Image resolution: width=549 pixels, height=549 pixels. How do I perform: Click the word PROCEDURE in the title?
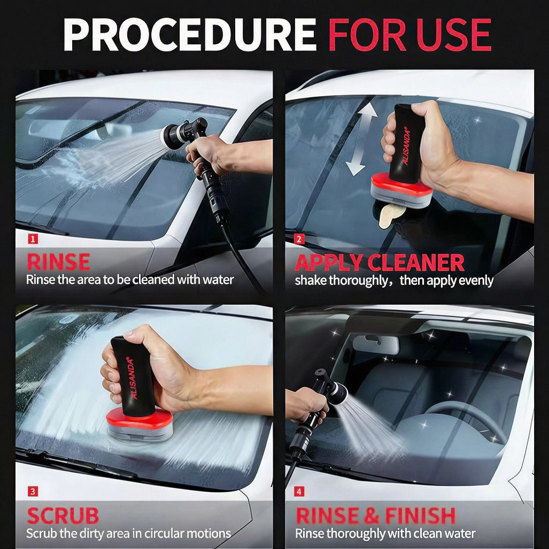click(x=190, y=35)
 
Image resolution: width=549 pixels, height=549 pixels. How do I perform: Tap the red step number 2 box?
click(x=299, y=239)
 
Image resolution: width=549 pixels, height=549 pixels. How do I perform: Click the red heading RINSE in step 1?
click(x=58, y=262)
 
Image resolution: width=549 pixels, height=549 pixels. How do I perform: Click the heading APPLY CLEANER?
click(x=380, y=262)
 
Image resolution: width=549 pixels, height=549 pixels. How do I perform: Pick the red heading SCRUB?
click(x=63, y=515)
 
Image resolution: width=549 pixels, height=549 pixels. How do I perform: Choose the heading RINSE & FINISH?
click(x=375, y=516)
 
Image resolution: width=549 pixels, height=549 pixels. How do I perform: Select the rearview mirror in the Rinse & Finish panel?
click(x=375, y=344)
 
